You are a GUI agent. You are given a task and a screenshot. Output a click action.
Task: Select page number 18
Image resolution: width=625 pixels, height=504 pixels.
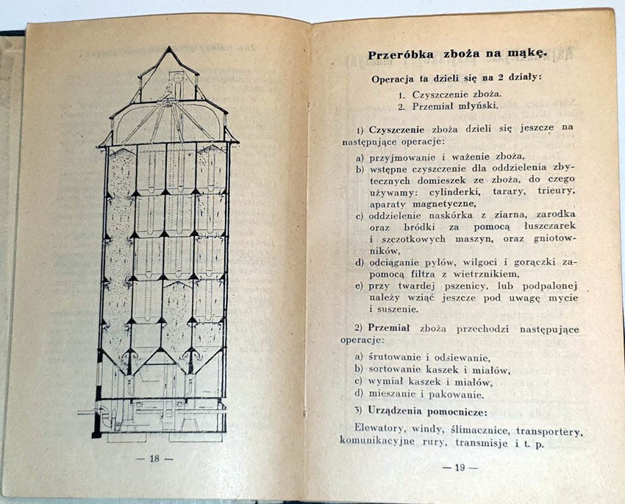click(x=154, y=458)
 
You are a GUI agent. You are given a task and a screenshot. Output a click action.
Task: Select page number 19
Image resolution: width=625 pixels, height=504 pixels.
click(x=461, y=466)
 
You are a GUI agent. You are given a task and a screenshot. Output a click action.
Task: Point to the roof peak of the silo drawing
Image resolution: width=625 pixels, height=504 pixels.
click(x=169, y=49)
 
